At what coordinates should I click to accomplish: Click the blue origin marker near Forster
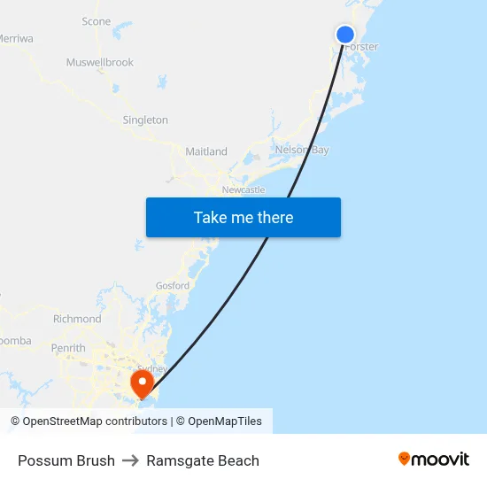tap(345, 35)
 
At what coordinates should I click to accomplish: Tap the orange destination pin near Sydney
tap(142, 383)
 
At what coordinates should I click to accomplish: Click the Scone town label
tap(97, 21)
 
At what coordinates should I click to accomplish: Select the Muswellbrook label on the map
tap(100, 63)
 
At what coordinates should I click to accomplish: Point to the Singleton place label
tap(145, 120)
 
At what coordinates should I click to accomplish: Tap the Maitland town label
tap(206, 152)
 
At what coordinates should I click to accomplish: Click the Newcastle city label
tap(243, 190)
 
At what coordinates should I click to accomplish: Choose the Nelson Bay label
tap(302, 151)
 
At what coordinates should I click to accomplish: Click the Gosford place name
tap(173, 286)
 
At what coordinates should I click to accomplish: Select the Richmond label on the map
tap(77, 319)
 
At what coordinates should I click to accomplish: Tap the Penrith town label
tap(68, 348)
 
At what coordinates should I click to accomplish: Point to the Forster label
tap(361, 47)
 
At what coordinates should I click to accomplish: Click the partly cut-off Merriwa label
tap(16, 39)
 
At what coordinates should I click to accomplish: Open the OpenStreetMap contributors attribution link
tap(95, 421)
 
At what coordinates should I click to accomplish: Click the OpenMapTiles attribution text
tap(225, 421)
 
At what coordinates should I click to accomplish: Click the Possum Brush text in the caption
tap(66, 460)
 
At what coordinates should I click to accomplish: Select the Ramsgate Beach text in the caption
tap(203, 460)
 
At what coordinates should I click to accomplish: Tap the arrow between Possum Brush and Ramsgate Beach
tap(130, 460)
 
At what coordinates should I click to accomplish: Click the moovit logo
tap(434, 459)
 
